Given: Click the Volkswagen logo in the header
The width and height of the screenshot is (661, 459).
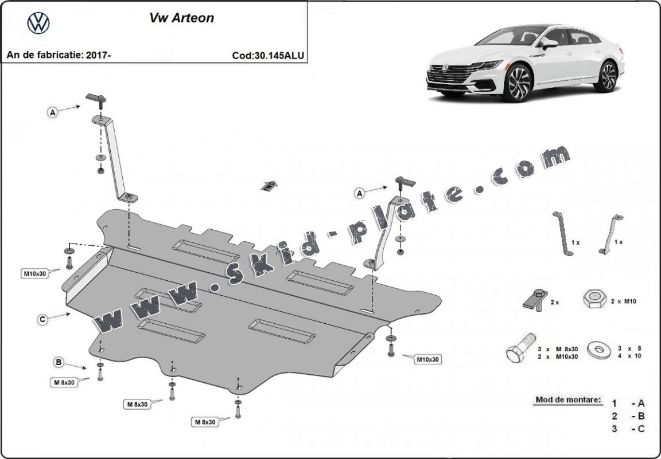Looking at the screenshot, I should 38,23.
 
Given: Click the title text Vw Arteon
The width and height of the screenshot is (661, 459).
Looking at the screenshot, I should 181,18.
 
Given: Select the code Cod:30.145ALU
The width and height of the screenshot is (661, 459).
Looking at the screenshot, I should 268,56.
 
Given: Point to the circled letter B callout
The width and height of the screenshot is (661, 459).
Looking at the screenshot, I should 58,362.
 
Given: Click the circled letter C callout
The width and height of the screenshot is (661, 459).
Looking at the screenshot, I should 42,320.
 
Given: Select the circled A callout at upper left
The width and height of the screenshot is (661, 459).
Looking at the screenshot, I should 53,113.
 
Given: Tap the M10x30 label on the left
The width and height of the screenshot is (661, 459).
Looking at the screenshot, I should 34,273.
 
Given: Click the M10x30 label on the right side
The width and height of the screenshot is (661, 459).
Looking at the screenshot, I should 427,359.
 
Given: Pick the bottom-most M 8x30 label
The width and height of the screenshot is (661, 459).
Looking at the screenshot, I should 204,422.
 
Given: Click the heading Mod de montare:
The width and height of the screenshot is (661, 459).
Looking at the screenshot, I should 568,399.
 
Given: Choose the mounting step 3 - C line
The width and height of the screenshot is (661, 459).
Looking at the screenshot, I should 628,429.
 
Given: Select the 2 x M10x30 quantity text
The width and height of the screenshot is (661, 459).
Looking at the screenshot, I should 558,356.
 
